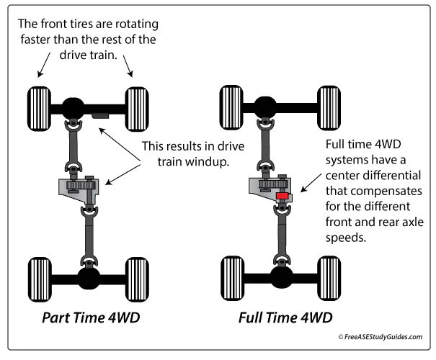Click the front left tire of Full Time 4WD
tap(231, 107)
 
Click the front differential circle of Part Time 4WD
tap(74, 108)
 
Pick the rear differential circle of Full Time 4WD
tap(281, 277)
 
